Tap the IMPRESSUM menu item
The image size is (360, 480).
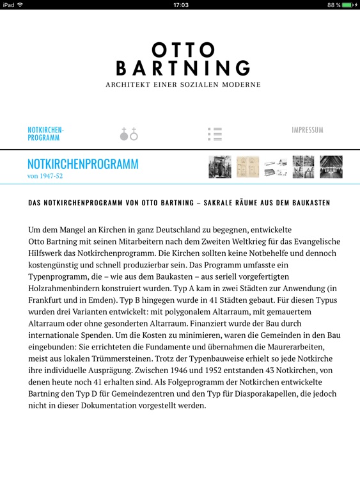click(x=308, y=130)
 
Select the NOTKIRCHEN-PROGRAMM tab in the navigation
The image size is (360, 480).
click(x=45, y=134)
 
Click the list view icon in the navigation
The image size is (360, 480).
click(x=215, y=134)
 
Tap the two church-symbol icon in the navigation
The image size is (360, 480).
click(x=129, y=134)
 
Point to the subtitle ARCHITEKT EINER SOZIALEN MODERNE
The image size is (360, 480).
click(x=183, y=84)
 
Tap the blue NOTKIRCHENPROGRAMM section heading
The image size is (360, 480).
click(x=82, y=164)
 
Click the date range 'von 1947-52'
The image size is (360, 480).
click(x=45, y=176)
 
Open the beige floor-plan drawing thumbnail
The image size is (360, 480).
click(x=247, y=167)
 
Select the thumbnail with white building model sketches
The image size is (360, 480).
click(x=276, y=167)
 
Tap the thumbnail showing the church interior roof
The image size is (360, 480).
click(x=331, y=167)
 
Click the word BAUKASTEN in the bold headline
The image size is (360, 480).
click(x=309, y=203)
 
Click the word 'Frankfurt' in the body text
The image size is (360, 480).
click(x=50, y=300)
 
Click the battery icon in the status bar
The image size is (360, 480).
click(x=347, y=4)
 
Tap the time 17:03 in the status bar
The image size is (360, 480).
click(x=180, y=4)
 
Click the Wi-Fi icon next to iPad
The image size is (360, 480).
click(x=20, y=4)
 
